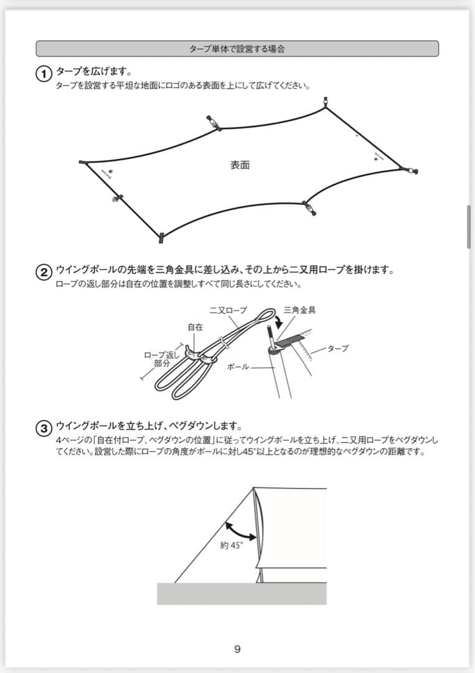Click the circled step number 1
[44, 74]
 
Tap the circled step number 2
[44, 272]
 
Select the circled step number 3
[44, 429]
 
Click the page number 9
[237, 649]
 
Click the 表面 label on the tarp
[240, 165]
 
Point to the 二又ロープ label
[228, 310]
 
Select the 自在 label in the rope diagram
[195, 327]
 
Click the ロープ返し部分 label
[162, 359]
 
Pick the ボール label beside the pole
[238, 367]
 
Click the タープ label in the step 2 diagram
[337, 348]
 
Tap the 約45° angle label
[231, 545]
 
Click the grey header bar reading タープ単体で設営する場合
[237, 49]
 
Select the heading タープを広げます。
[93, 72]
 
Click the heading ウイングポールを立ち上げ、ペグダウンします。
[148, 426]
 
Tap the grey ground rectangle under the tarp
[242, 593]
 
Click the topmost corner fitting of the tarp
[325, 102]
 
